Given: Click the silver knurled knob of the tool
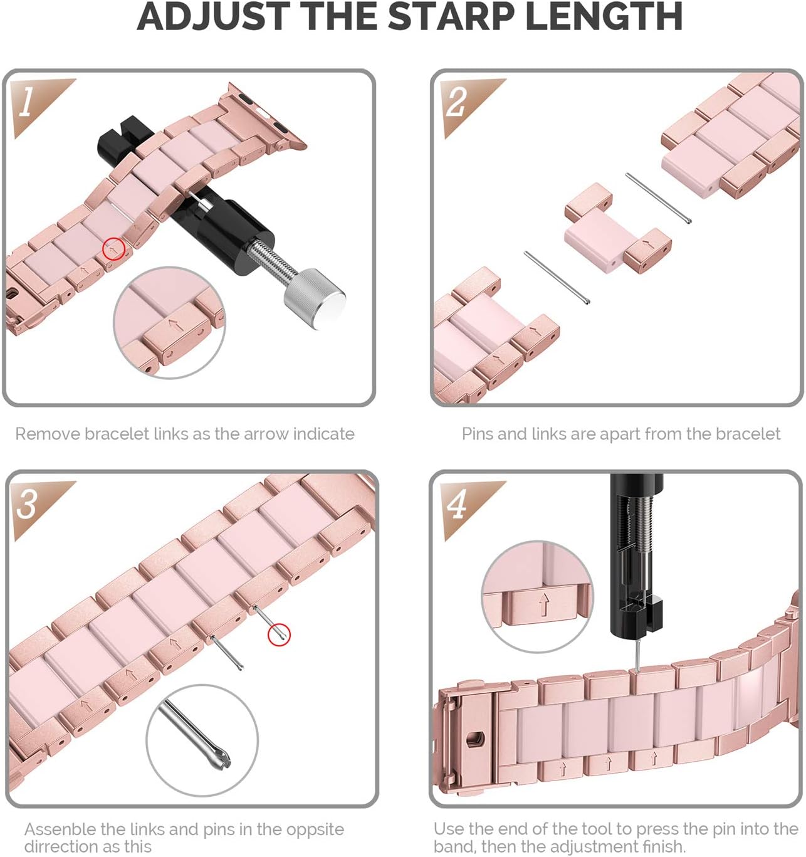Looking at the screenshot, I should [x=314, y=299].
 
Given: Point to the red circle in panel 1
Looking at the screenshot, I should [x=113, y=249].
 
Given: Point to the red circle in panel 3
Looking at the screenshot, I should [x=279, y=634].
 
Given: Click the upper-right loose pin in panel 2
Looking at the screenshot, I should [x=659, y=197].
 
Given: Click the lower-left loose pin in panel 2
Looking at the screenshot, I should [x=557, y=278].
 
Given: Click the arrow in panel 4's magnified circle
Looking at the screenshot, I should [x=544, y=604].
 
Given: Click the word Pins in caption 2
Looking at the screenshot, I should [x=477, y=434].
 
